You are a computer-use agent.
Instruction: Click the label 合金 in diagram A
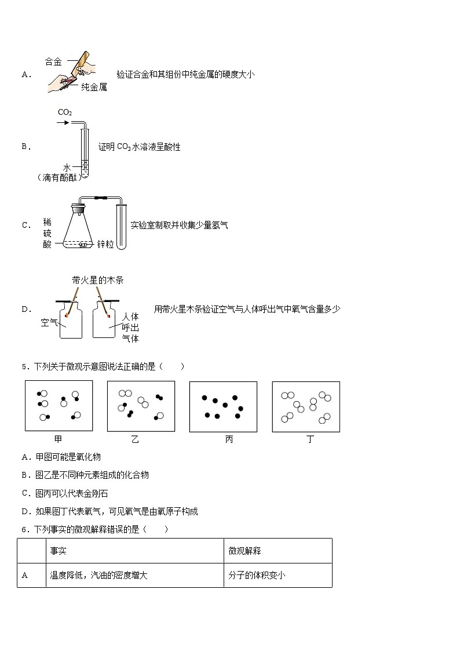tap(54, 61)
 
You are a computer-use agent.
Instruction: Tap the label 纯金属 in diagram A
tap(94, 88)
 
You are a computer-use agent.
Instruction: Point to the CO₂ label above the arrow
tap(64, 112)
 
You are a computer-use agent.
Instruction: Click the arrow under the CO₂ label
tap(63, 123)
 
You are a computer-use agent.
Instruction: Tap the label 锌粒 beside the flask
tap(105, 244)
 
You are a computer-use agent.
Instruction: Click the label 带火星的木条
tap(97, 280)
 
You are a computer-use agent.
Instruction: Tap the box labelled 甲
tap(59, 406)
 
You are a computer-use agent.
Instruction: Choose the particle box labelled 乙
tap(141, 406)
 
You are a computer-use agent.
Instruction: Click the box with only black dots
tap(223, 406)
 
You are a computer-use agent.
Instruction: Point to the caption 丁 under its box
tap(310, 439)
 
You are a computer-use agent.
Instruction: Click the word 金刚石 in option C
tap(96, 493)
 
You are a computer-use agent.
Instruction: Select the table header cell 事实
tap(58, 551)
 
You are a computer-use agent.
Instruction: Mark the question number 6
tap(24, 529)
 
